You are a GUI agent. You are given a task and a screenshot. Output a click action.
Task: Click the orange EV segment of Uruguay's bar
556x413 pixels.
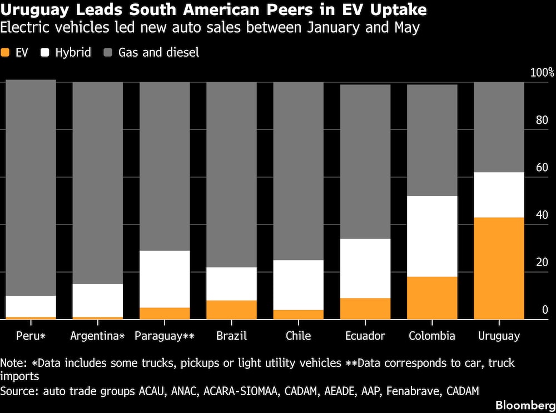pyautogui.click(x=499, y=268)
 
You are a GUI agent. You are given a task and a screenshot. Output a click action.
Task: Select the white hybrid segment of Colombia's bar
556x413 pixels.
pyautogui.click(x=432, y=236)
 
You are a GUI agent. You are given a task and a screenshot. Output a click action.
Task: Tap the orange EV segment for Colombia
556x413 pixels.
pyautogui.click(x=432, y=298)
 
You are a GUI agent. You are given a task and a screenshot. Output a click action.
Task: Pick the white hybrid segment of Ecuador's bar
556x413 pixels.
pyautogui.click(x=365, y=268)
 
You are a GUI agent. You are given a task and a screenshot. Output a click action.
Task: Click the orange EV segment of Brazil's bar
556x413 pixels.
pyautogui.click(x=231, y=310)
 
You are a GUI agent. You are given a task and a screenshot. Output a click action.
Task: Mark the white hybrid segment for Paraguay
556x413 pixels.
pyautogui.click(x=165, y=279)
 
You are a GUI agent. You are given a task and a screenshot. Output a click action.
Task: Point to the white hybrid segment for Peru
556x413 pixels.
pyautogui.click(x=31, y=306)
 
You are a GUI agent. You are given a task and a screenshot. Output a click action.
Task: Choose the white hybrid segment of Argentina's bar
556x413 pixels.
pyautogui.click(x=97, y=300)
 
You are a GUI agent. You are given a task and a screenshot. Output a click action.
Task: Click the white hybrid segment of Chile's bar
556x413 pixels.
pyautogui.click(x=298, y=285)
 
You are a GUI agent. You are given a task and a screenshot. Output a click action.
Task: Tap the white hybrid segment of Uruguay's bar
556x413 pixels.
pyautogui.click(x=499, y=195)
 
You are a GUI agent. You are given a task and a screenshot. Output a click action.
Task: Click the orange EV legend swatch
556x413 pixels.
pyautogui.click(x=5, y=52)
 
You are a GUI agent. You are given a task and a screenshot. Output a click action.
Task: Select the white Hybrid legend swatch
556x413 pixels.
pyautogui.click(x=45, y=52)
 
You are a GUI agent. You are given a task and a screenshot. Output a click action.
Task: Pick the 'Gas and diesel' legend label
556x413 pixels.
pyautogui.click(x=158, y=52)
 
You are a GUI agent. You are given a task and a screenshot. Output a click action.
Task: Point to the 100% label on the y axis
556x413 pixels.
pyautogui.click(x=542, y=73)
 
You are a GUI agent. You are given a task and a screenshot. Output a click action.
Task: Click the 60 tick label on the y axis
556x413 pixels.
pyautogui.click(x=542, y=167)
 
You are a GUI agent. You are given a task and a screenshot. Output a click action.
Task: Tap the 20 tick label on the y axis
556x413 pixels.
pyautogui.click(x=542, y=262)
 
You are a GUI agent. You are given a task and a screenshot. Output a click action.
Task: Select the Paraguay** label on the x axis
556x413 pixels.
pyautogui.click(x=165, y=336)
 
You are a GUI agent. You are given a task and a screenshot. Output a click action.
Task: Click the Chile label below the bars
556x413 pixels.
pyautogui.click(x=298, y=335)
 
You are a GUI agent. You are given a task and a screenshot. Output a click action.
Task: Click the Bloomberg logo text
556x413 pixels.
pyautogui.click(x=525, y=406)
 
